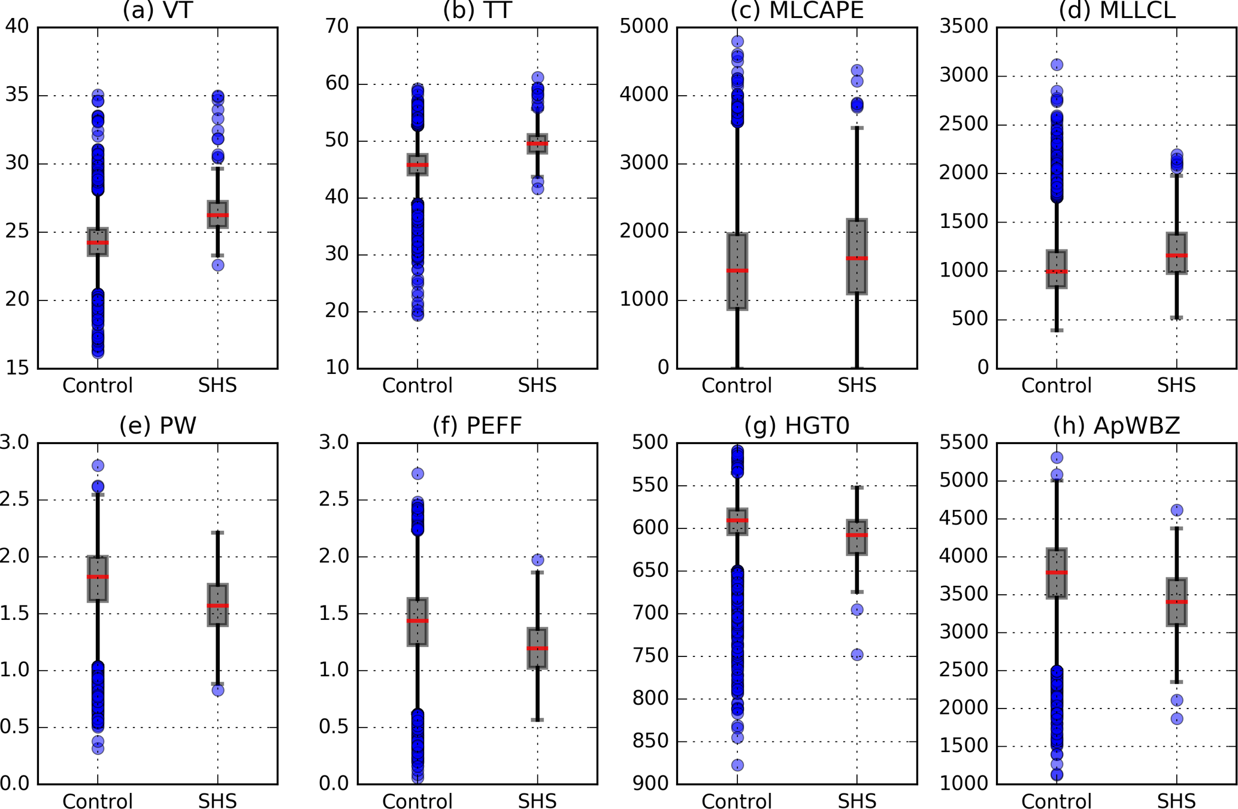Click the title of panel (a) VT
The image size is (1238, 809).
[157, 10]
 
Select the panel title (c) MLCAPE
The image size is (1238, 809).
[797, 10]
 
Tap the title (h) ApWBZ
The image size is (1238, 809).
[1116, 425]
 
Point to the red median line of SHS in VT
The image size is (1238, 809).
[217, 215]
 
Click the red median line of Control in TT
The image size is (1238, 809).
[417, 165]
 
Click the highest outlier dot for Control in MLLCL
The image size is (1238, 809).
[1057, 65]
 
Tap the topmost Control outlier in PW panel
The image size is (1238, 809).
[98, 466]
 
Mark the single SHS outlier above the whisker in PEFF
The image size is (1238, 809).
[538, 560]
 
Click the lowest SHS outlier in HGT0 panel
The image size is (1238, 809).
[857, 655]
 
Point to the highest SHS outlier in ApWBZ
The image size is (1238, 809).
[1177, 510]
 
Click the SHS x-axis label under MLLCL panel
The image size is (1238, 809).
[1176, 385]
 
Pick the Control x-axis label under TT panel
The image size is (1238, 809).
[417, 385]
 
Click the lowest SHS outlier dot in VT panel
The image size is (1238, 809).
[218, 265]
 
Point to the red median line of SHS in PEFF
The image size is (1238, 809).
[538, 648]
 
